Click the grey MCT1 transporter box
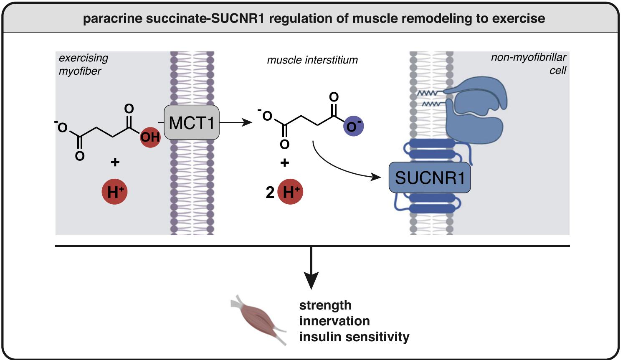[x=192, y=122]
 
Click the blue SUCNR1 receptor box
[x=430, y=177]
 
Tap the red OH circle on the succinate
[x=150, y=137]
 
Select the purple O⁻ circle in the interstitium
[x=354, y=126]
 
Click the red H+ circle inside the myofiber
[x=114, y=192]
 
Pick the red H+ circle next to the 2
[x=290, y=192]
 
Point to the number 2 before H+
[x=270, y=192]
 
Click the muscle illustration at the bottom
[x=258, y=320]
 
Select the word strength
[x=325, y=305]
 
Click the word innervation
[x=334, y=321]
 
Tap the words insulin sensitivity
[x=354, y=337]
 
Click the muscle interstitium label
[x=312, y=60]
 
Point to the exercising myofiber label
[x=84, y=64]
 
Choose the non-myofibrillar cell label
[x=529, y=64]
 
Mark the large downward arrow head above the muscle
[x=311, y=280]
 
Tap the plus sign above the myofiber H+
[x=115, y=162]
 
